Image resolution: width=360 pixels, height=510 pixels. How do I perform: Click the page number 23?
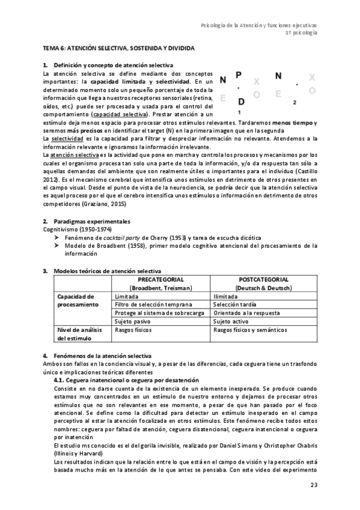click(x=313, y=485)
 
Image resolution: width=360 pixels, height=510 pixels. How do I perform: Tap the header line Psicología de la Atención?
click(x=259, y=25)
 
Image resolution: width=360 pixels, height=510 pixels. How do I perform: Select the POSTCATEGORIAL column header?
click(x=263, y=280)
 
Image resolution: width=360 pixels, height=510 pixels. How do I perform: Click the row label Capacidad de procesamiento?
click(x=76, y=301)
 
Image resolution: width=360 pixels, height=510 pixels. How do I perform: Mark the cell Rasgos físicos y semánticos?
click(x=252, y=330)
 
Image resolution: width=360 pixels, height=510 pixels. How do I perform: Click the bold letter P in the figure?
click(x=239, y=76)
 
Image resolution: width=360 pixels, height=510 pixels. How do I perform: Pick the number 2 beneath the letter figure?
click(x=294, y=103)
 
